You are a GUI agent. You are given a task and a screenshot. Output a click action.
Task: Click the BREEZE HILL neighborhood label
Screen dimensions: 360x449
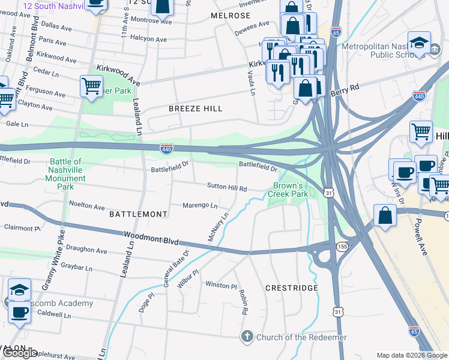196,109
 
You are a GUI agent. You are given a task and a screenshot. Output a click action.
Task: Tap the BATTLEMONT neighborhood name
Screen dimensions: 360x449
138,214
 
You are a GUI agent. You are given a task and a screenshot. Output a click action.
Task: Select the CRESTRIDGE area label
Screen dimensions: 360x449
292,288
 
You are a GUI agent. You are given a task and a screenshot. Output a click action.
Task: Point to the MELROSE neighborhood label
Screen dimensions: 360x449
231,15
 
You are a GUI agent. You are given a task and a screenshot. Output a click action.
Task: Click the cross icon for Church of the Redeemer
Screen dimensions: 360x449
247,337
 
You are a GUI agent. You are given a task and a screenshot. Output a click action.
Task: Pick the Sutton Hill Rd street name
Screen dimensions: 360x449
227,188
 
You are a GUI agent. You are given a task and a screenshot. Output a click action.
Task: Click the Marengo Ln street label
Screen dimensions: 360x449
200,205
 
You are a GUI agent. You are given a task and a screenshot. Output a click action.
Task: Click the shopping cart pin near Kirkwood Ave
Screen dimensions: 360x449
91,86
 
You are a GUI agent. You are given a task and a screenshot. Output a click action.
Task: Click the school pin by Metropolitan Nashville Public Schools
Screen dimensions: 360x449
419,43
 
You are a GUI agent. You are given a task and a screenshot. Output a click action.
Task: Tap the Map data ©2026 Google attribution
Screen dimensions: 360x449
411,355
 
